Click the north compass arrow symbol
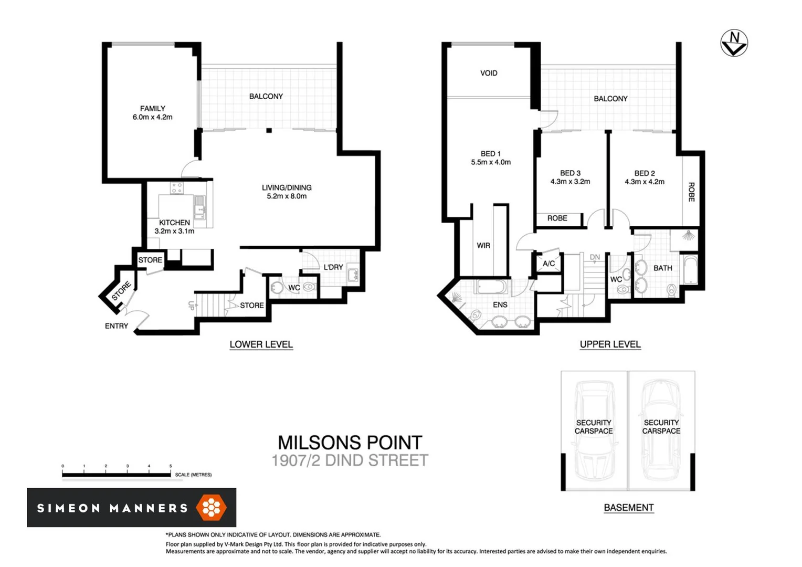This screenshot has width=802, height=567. pos(734,43)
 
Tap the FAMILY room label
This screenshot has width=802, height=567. pos(153,109)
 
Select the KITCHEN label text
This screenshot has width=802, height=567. pos(174,223)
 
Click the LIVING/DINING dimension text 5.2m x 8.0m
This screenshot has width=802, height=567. pos(287,196)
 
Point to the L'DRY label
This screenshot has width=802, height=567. pos(333,267)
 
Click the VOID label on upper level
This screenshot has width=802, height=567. pos(489,73)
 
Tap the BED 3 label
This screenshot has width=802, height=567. pos(570,173)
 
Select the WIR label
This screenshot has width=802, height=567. pos(483,245)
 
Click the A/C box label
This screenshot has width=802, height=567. pos(548,264)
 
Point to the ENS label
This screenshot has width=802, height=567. pos(500,304)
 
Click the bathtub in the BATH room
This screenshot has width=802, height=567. pos(690,269)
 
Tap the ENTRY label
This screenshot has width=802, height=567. pos(117,326)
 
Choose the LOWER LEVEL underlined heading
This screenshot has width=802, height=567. pos(261,344)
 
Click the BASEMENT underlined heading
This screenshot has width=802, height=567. pos(628,508)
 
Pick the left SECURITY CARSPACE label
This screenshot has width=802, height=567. pos(594,427)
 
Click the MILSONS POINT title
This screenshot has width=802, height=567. pos(350,443)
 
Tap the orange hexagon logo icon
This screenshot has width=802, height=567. pos(211,507)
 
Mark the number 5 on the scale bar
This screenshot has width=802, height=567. pos(171,466)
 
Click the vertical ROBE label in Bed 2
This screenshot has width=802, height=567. pos(691,192)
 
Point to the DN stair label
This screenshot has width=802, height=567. pos(595,257)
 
